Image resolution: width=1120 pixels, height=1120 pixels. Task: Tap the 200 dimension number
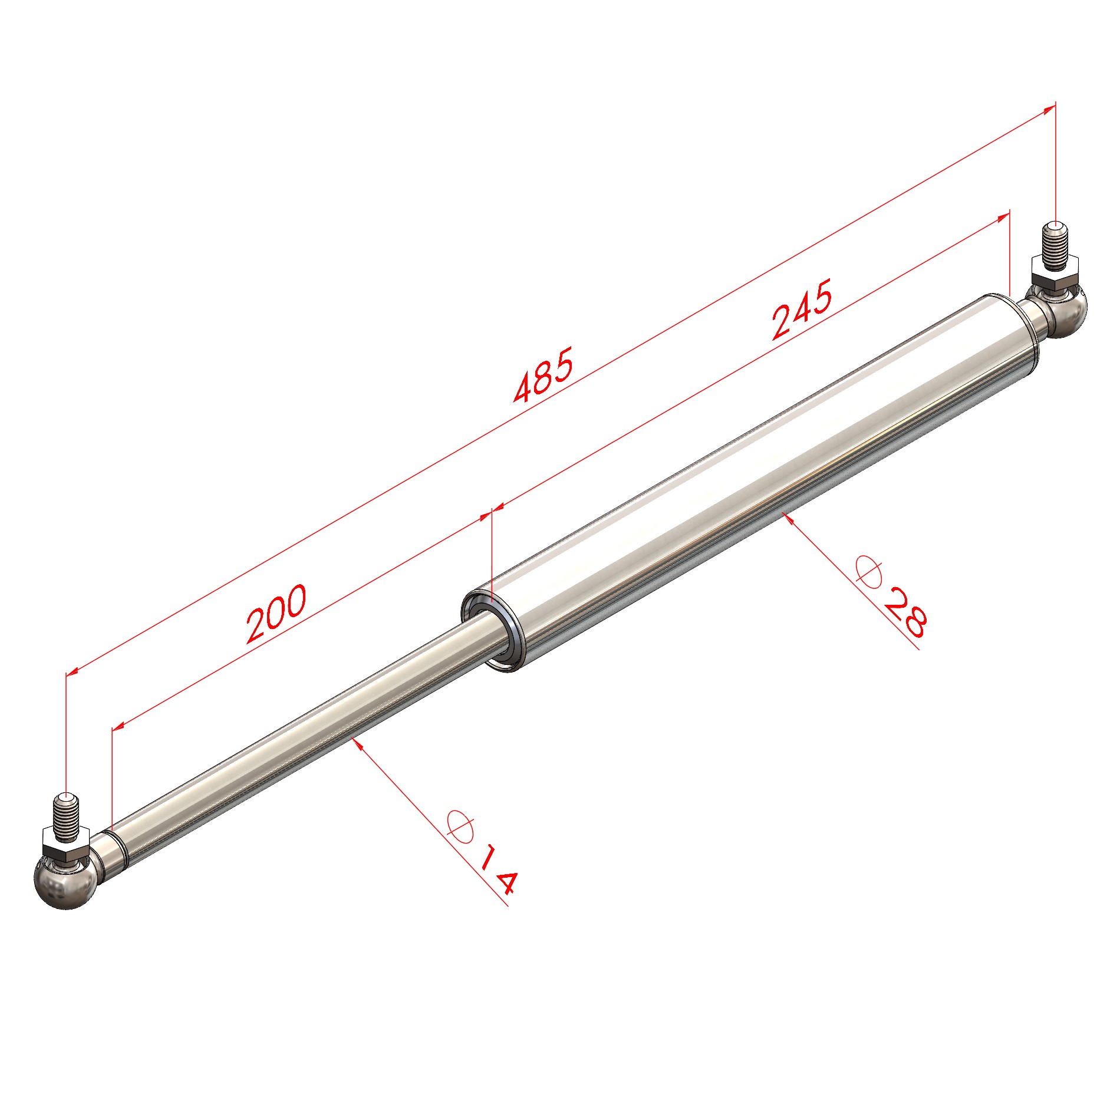[x=276, y=614]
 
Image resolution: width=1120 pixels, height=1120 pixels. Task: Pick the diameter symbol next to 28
[x=869, y=571]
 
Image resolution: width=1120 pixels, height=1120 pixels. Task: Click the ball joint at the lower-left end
[x=65, y=882]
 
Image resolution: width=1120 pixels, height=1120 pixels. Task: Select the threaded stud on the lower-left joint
[x=65, y=816]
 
